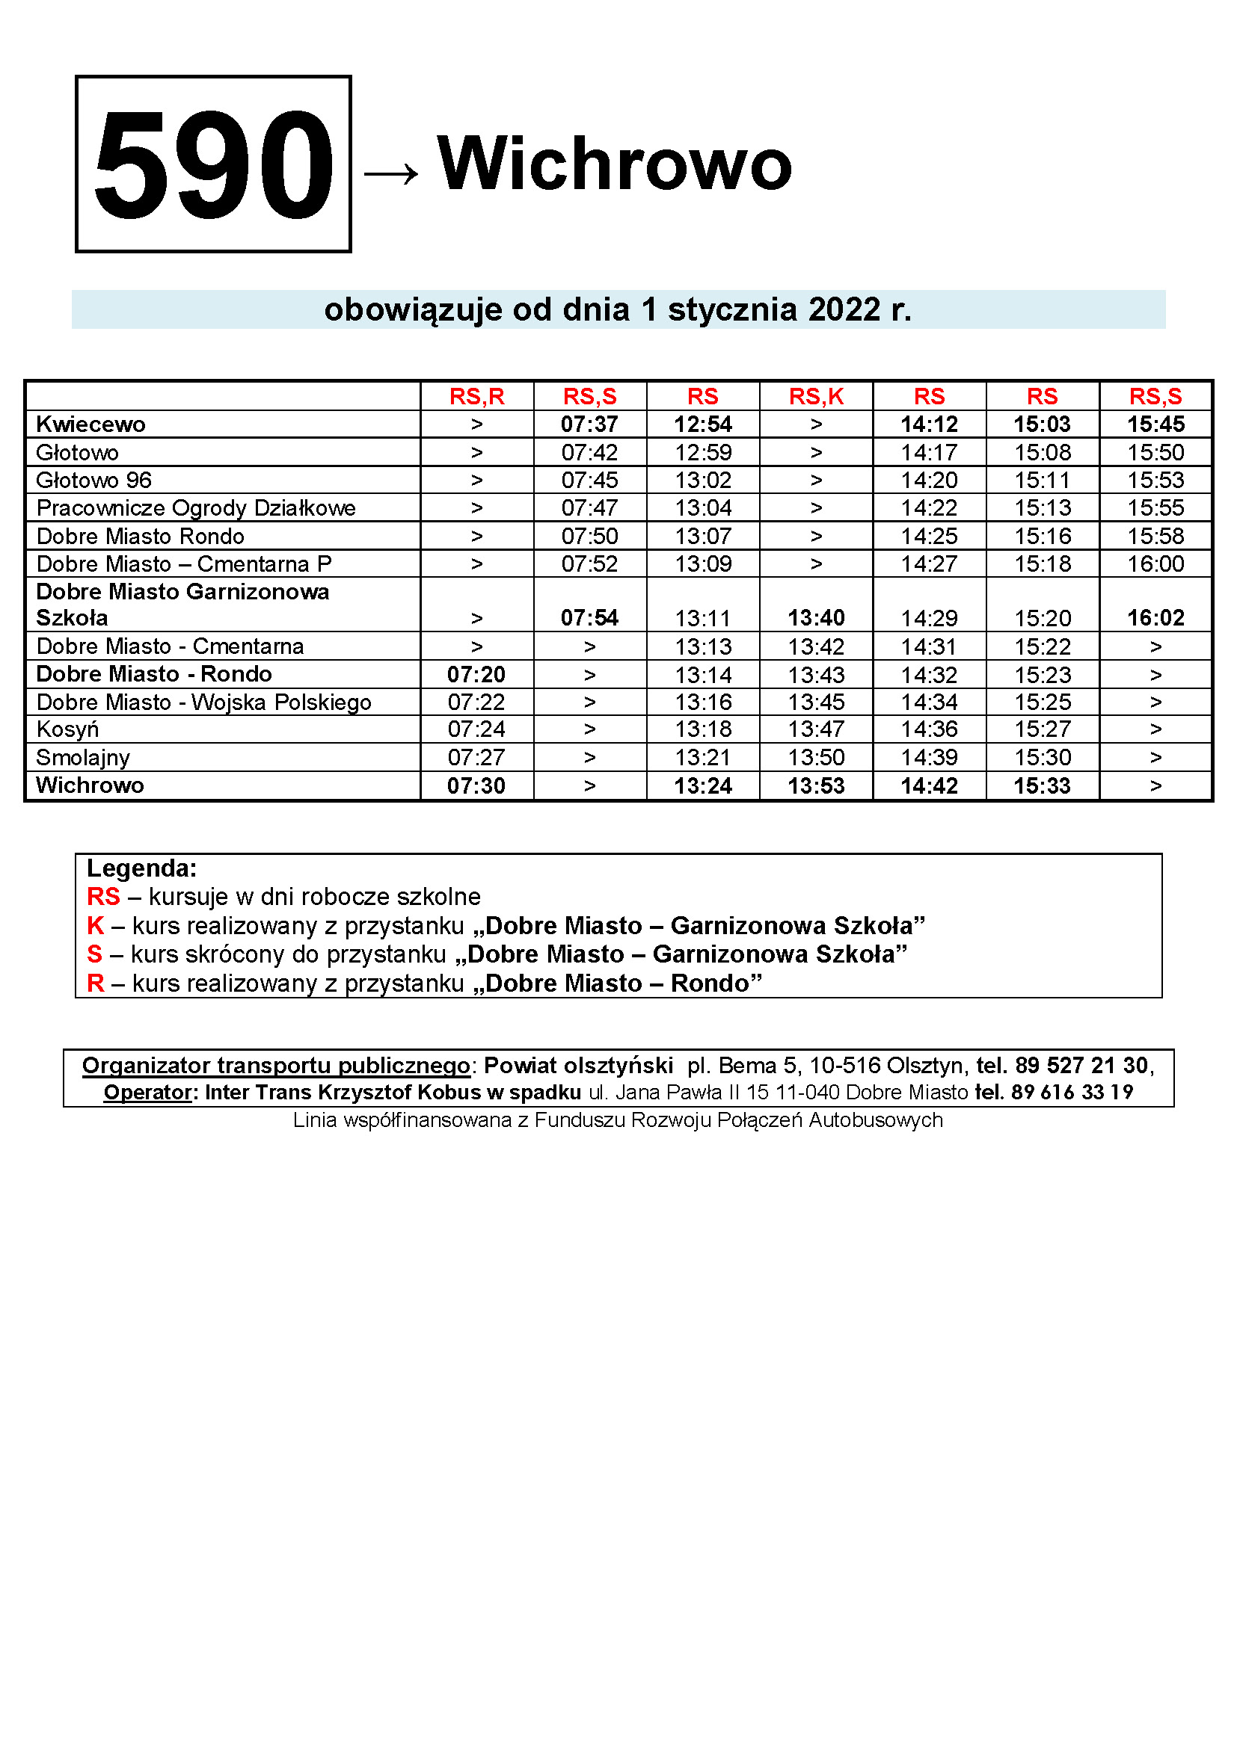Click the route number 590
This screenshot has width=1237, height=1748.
213,164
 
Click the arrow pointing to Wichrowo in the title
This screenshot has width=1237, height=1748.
390,173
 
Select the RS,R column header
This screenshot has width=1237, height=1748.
477,396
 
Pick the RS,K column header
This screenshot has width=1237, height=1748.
816,396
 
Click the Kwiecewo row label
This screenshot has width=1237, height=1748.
90,424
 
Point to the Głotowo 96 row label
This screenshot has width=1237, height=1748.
93,480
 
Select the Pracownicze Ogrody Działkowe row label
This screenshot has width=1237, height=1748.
196,507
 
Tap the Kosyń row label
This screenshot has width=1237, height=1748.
68,729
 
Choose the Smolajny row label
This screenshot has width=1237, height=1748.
83,758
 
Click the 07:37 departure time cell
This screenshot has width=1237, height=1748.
589,424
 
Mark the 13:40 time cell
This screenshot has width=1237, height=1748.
816,617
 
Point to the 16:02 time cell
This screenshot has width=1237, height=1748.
1155,617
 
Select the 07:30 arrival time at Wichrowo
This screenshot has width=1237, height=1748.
476,785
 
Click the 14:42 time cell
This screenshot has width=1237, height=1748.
930,785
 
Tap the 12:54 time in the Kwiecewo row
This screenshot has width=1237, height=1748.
703,424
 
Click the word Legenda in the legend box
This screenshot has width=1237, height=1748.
141,868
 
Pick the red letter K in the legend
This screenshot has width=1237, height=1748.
95,926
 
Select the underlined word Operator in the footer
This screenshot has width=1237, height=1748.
148,1092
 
